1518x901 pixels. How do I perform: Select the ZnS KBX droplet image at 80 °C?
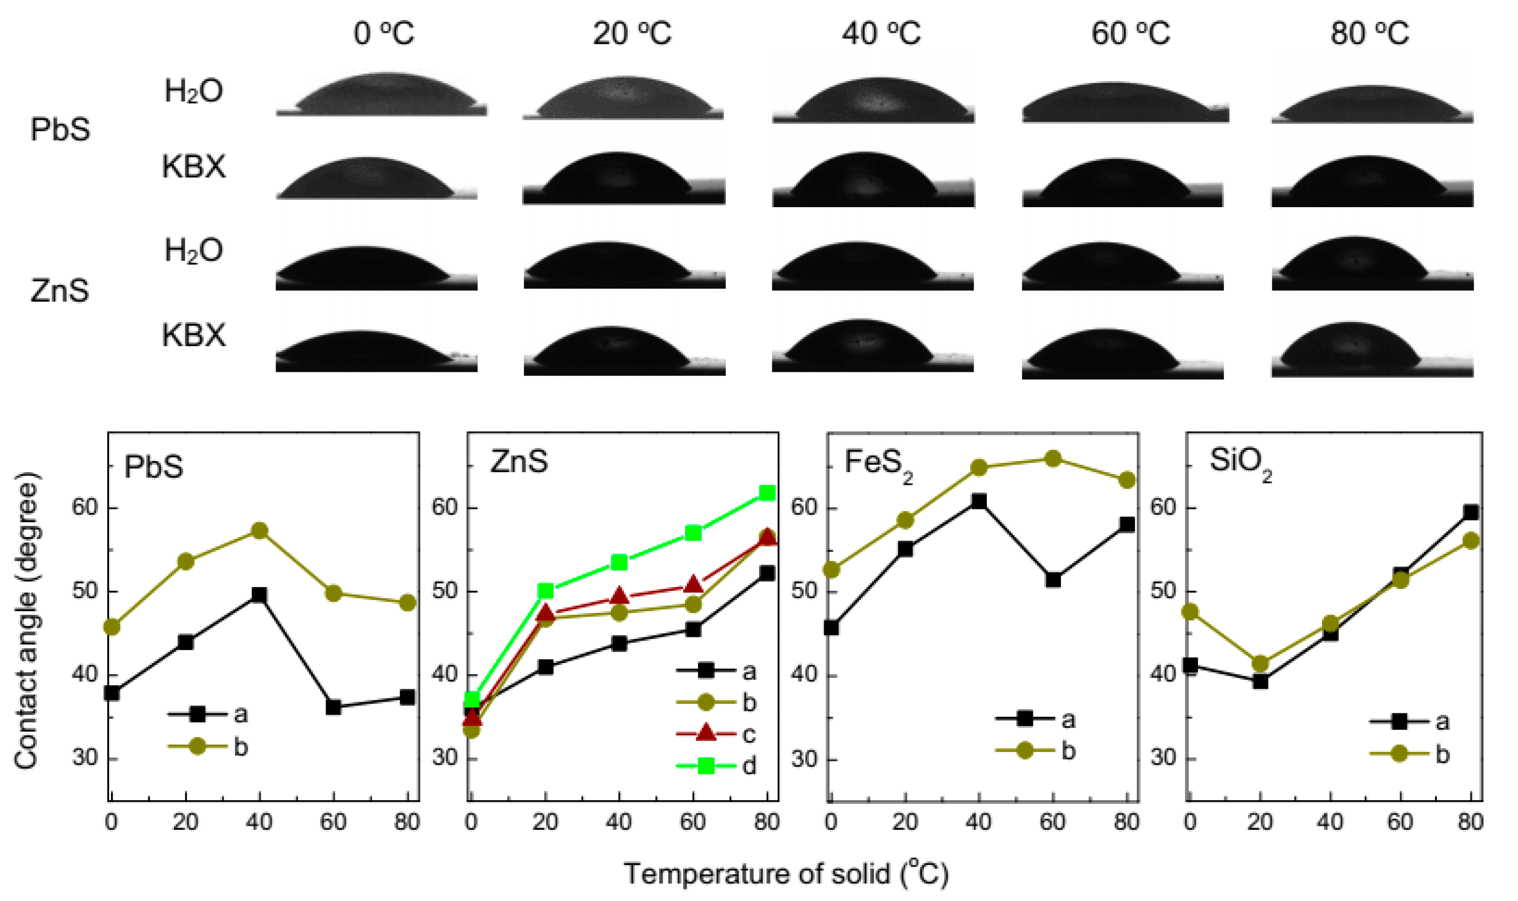pyautogui.click(x=1372, y=350)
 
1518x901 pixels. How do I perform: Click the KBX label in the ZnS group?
pyautogui.click(x=193, y=335)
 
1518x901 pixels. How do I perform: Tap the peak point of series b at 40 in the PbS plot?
pyautogui.click(x=260, y=531)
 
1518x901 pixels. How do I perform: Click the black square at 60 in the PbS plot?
pyautogui.click(x=333, y=707)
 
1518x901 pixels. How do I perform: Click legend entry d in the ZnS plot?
pyautogui.click(x=716, y=766)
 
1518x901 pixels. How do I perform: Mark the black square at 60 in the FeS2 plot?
pyautogui.click(x=1053, y=580)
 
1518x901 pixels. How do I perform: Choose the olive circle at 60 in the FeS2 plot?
pyautogui.click(x=1053, y=458)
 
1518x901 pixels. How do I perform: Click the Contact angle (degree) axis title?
pyautogui.click(x=26, y=621)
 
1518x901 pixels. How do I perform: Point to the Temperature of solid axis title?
pyautogui.click(x=786, y=873)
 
